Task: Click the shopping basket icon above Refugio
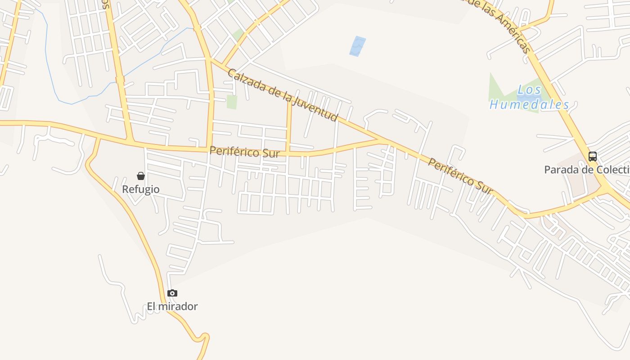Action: (141, 176)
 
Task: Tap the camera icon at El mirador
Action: (172, 293)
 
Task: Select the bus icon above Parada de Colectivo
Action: (593, 157)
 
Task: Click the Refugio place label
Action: (141, 189)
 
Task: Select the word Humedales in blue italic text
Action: (529, 105)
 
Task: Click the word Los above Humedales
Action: (529, 90)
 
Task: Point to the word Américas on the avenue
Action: (513, 32)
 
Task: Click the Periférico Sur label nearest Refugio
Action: (245, 152)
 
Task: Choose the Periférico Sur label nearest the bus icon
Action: (460, 176)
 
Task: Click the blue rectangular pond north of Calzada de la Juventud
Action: (358, 46)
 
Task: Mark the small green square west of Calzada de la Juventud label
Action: (232, 102)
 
